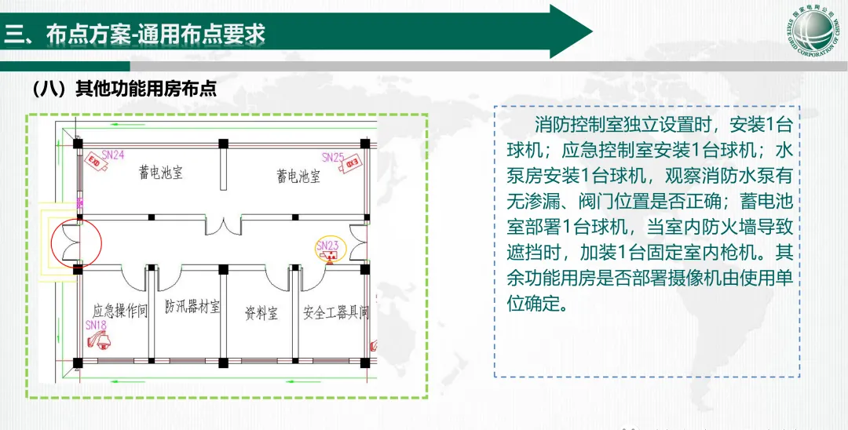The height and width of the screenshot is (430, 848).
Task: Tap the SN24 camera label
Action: click(x=114, y=155)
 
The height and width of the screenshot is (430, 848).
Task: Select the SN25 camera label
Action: click(x=333, y=157)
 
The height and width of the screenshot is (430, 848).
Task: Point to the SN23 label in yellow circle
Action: click(x=327, y=246)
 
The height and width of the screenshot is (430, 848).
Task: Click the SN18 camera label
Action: click(x=96, y=323)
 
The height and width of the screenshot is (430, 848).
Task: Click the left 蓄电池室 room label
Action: click(x=161, y=172)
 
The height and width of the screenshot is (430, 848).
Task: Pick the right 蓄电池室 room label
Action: click(x=298, y=175)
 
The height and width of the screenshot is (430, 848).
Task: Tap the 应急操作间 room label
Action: click(x=120, y=312)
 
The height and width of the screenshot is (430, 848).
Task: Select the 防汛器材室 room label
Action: click(x=192, y=304)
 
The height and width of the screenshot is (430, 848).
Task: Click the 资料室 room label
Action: click(x=261, y=314)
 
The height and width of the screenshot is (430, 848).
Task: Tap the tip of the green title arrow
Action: click(x=590, y=32)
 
